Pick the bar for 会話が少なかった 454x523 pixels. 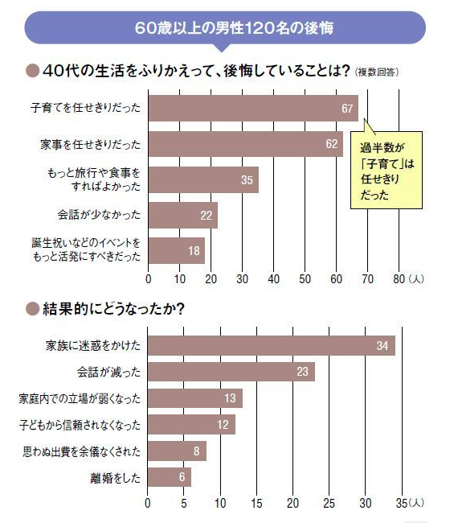[x=183, y=216]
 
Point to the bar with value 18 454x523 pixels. [x=177, y=250]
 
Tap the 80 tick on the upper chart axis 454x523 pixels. [x=399, y=279]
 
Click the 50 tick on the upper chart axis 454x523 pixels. [x=305, y=279]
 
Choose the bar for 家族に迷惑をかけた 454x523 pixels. [x=272, y=345]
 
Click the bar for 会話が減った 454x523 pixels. [x=231, y=372]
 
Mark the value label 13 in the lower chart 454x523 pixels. [x=231, y=398]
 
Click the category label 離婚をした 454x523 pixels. [x=116, y=477]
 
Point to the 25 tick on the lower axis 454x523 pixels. [x=329, y=504]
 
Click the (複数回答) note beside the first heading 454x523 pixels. [x=376, y=72]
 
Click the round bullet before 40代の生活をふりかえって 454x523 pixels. [x=33, y=71]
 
